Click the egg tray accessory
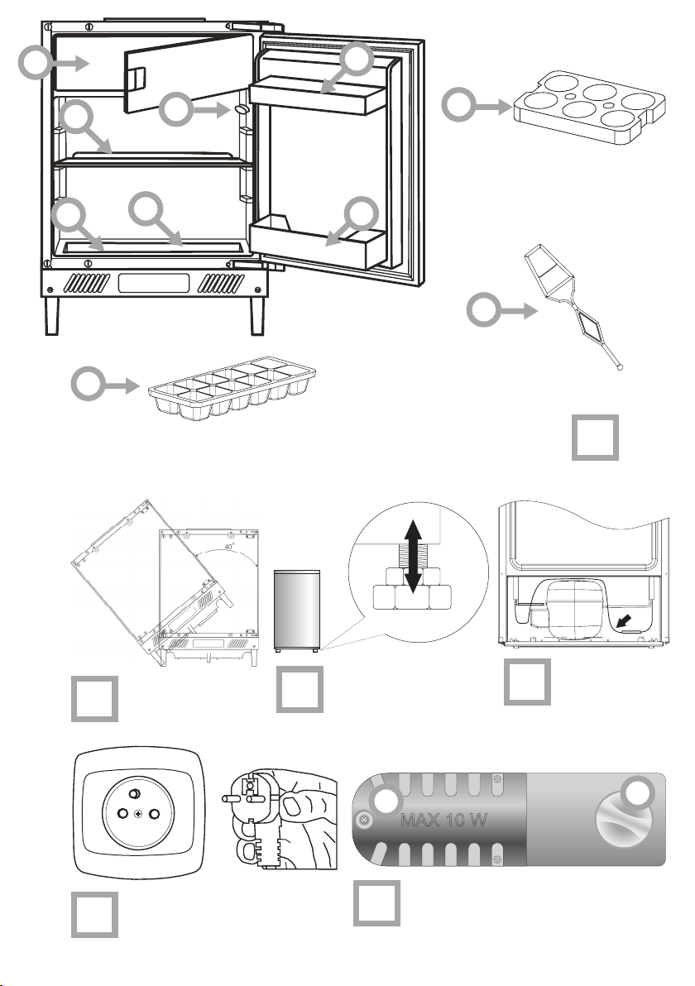(589, 107)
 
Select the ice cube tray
(232, 390)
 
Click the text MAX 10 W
(443, 820)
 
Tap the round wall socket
(139, 813)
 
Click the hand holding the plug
(280, 816)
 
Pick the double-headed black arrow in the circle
(413, 556)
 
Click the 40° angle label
(229, 547)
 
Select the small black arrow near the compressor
(623, 620)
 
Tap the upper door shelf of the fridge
(317, 95)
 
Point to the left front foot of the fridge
(52, 315)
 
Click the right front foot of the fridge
(256, 315)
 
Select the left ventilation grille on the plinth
(87, 283)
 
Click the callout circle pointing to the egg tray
(458, 104)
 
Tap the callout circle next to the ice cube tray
(88, 384)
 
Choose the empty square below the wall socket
(94, 915)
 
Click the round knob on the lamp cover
(624, 819)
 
